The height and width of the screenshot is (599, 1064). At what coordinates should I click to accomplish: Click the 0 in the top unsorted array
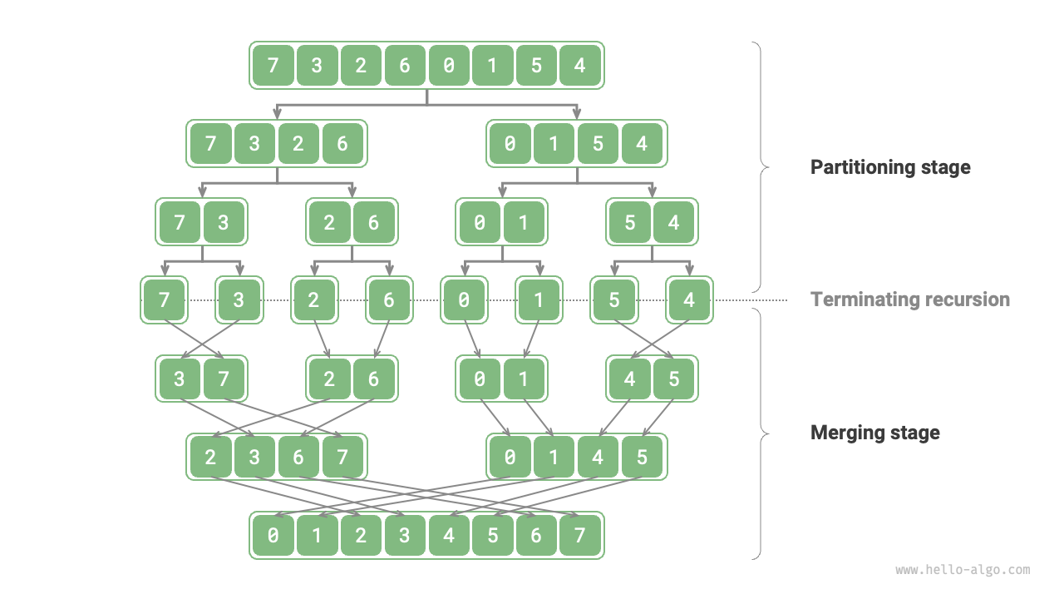(x=449, y=65)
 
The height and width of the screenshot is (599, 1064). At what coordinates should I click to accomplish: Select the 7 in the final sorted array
(x=579, y=536)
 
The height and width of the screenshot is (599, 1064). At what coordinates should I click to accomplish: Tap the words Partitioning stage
(x=890, y=167)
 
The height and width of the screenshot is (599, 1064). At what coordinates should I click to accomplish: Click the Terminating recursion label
(x=910, y=299)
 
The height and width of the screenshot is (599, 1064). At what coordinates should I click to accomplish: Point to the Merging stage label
(x=874, y=433)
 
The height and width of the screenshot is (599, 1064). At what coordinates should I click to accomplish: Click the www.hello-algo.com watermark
(x=963, y=570)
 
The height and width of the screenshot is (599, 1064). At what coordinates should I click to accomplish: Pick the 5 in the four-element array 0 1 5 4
(x=598, y=144)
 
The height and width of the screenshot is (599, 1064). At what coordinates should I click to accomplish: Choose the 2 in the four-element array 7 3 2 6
(x=298, y=144)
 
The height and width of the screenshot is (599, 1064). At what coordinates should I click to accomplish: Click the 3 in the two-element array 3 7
(x=180, y=379)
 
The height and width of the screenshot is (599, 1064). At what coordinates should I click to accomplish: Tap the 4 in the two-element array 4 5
(x=630, y=379)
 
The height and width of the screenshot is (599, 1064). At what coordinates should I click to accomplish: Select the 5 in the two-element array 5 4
(x=630, y=222)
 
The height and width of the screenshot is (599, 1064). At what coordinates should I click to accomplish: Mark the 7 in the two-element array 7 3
(x=180, y=222)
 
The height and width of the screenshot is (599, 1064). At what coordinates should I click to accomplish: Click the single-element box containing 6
(x=388, y=299)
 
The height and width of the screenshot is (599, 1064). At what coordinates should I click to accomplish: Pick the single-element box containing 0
(x=463, y=299)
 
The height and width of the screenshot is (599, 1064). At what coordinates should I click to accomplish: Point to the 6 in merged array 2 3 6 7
(x=298, y=458)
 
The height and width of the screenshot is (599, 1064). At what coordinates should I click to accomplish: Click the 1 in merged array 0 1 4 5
(x=554, y=458)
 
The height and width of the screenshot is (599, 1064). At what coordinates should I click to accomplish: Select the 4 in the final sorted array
(x=449, y=536)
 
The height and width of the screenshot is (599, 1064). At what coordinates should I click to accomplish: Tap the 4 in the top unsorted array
(x=579, y=65)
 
